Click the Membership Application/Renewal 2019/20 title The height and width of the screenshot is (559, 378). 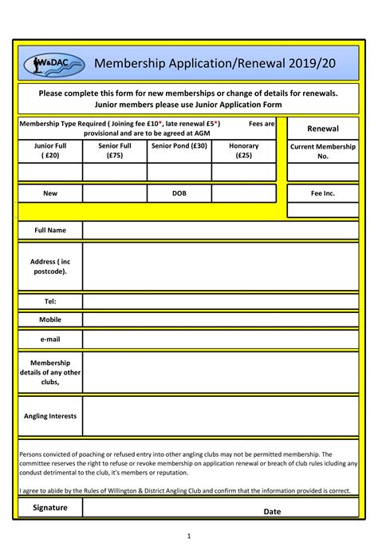(205, 63)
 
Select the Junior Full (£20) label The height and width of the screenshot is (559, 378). (50, 151)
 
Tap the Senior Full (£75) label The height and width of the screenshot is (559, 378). (114, 151)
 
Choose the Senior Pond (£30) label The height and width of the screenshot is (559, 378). (179, 147)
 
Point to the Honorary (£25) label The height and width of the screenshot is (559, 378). (244, 151)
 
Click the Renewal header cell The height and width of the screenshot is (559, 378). (323, 129)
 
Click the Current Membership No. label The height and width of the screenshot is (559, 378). (323, 152)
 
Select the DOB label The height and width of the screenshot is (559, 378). (179, 193)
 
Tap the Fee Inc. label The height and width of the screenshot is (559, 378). (323, 193)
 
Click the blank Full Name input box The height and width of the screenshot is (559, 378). (220, 231)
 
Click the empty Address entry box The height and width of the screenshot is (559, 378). (220, 267)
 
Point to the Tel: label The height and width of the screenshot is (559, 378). (50, 301)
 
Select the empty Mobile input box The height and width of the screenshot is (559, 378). (220, 319)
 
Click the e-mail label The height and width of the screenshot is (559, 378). (50, 339)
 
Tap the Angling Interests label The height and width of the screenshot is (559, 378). (50, 416)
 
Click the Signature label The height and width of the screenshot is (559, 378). (50, 507)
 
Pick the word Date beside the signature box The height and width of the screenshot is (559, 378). (273, 511)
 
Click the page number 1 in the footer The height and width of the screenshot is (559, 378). (188, 536)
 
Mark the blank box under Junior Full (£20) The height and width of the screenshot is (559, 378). (50, 172)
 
